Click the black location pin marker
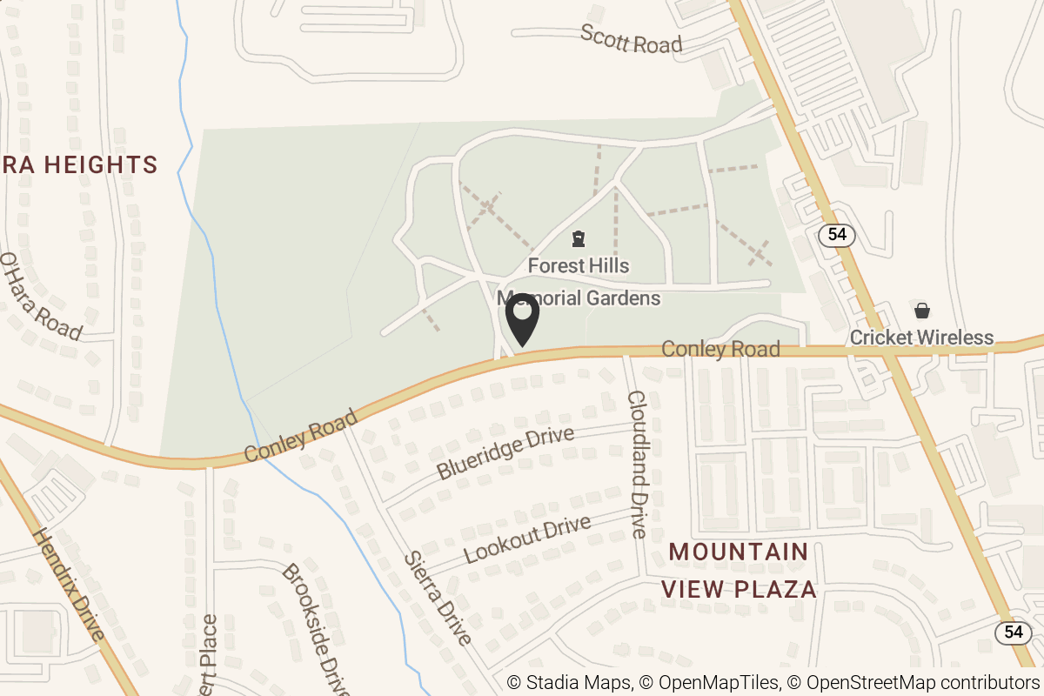click(522, 320)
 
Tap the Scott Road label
click(631, 39)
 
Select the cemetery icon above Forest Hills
click(577, 238)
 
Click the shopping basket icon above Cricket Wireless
click(921, 311)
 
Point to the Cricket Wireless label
click(921, 338)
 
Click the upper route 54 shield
click(837, 234)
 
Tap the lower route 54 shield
click(1013, 632)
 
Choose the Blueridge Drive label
click(505, 452)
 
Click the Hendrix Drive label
click(69, 582)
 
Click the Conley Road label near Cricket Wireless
click(720, 349)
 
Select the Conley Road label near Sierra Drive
click(300, 437)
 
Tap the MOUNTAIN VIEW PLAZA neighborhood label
click(739, 570)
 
